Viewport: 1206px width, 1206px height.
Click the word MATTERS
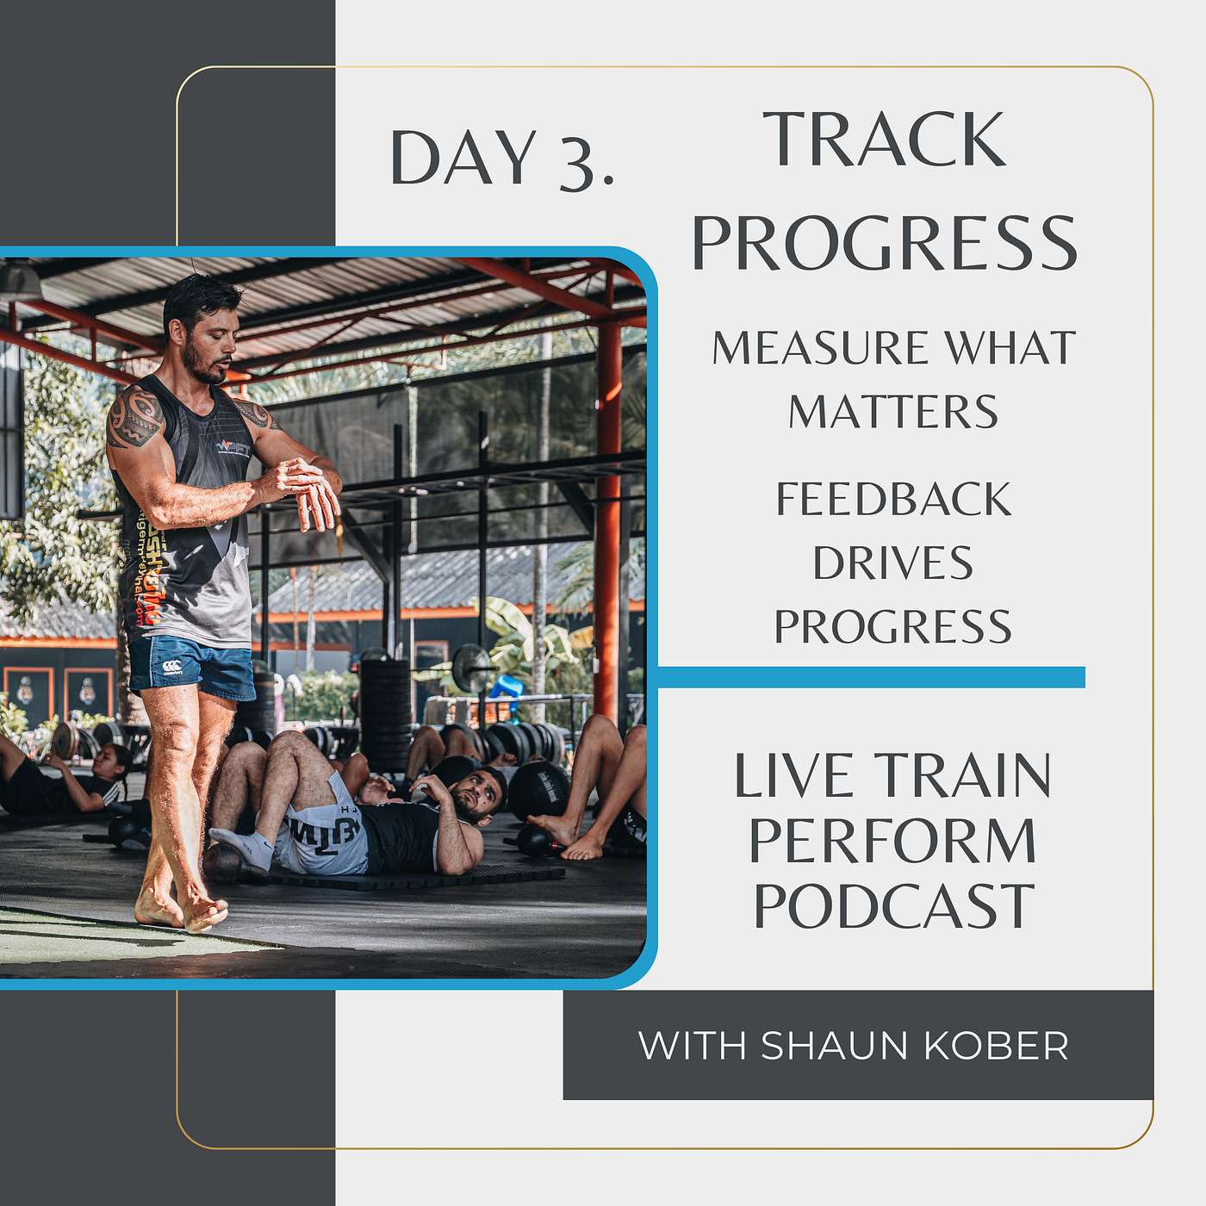click(892, 412)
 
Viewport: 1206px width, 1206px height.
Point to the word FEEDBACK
click(893, 499)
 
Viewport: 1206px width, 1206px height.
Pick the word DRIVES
click(892, 563)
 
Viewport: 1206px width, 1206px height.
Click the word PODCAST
click(894, 905)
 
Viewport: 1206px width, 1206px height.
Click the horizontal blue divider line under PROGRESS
click(871, 677)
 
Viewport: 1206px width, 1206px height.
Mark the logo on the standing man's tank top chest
click(233, 446)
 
